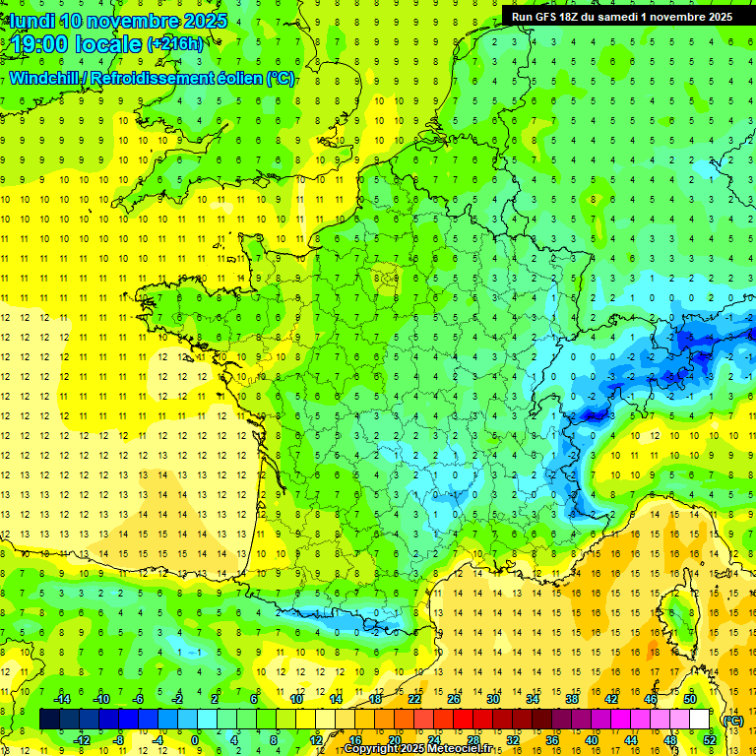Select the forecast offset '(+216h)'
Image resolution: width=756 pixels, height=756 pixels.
(x=175, y=44)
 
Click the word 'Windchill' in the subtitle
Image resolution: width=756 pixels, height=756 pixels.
(x=43, y=78)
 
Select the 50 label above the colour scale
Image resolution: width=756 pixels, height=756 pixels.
(x=689, y=698)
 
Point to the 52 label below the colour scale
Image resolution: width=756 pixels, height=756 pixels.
(x=709, y=739)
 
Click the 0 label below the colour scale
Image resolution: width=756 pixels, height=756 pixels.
(x=195, y=739)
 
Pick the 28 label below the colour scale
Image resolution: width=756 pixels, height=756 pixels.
(x=472, y=739)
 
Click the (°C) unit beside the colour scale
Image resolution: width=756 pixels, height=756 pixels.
(x=732, y=720)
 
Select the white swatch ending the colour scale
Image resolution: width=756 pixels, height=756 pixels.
(x=699, y=720)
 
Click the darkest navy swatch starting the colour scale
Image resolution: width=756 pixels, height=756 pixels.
(x=49, y=720)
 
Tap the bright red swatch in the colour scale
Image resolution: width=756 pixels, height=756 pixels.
(x=463, y=720)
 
